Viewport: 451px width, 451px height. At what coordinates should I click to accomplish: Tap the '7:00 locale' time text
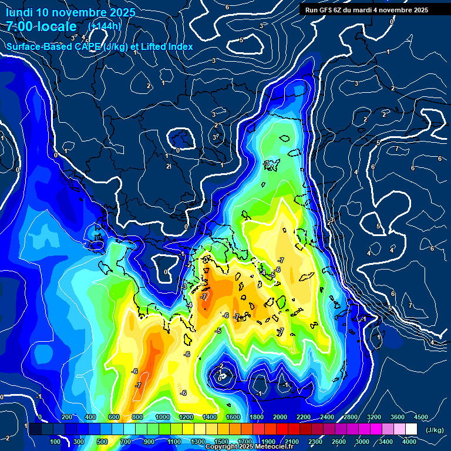(41, 26)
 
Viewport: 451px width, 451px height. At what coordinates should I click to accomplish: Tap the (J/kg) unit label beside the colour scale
(435, 430)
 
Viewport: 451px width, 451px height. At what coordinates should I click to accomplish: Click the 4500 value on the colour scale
(420, 417)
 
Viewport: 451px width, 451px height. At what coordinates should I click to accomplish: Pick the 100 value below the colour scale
(56, 442)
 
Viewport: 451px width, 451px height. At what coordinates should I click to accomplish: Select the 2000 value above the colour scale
(280, 417)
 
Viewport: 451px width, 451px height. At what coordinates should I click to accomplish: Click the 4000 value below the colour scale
(409, 442)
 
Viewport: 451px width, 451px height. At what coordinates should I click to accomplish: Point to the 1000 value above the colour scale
(163, 417)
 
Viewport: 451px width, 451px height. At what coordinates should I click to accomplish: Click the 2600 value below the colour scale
(339, 442)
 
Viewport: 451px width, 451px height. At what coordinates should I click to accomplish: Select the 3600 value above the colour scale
(398, 417)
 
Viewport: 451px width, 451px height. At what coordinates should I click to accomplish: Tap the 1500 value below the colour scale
(221, 442)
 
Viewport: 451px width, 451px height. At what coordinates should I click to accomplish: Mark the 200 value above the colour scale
(67, 417)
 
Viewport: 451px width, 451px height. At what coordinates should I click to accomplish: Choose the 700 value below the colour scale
(126, 442)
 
